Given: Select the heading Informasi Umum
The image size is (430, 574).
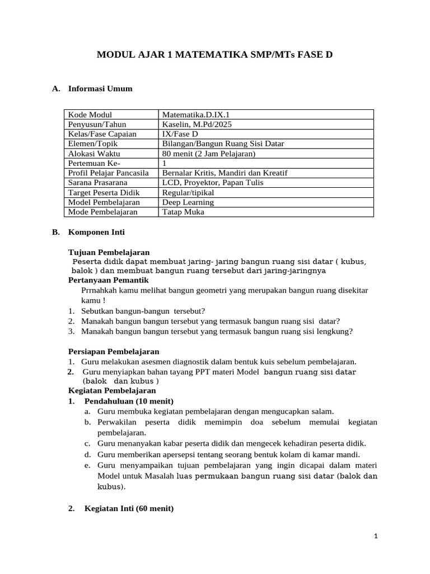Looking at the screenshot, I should [100, 89].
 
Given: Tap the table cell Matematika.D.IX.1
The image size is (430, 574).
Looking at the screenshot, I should [195, 115].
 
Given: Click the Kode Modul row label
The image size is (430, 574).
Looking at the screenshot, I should [90, 115].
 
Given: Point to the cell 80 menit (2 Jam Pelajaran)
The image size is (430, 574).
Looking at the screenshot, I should [209, 154].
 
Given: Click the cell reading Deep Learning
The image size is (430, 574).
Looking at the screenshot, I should [188, 202].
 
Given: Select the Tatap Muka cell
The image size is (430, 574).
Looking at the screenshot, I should [183, 212].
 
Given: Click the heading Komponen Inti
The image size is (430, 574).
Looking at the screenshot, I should [96, 232].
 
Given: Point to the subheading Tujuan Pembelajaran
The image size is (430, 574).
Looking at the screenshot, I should [109, 252].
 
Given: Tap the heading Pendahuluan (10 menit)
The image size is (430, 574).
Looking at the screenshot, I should [129, 401].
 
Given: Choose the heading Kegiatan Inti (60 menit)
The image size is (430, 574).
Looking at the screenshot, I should [129, 508].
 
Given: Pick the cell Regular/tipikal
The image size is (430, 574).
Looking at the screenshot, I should [188, 192].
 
